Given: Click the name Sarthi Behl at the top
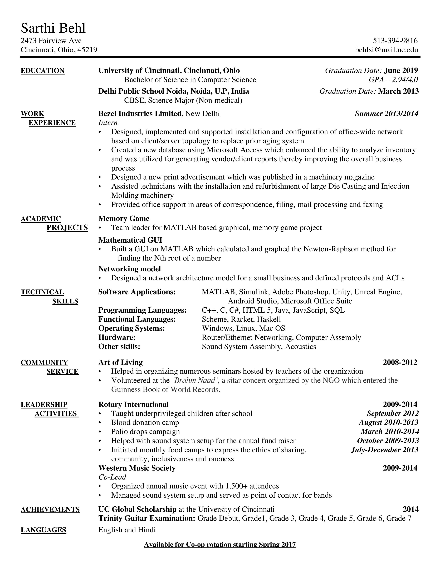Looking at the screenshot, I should (53, 28).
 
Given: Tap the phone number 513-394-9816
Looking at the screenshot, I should (395, 41).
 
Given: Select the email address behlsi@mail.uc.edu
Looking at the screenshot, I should (386, 50).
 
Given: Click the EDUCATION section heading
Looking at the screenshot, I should (42, 71).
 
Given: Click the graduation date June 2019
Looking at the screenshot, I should (401, 70).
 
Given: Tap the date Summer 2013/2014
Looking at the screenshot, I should (387, 114).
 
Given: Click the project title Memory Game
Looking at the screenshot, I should (124, 219).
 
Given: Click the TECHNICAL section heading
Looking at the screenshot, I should (42, 292).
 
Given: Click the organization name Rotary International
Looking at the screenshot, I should (133, 404).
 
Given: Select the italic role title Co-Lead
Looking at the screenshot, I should (112, 477).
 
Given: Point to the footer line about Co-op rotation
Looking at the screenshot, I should (220, 545).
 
